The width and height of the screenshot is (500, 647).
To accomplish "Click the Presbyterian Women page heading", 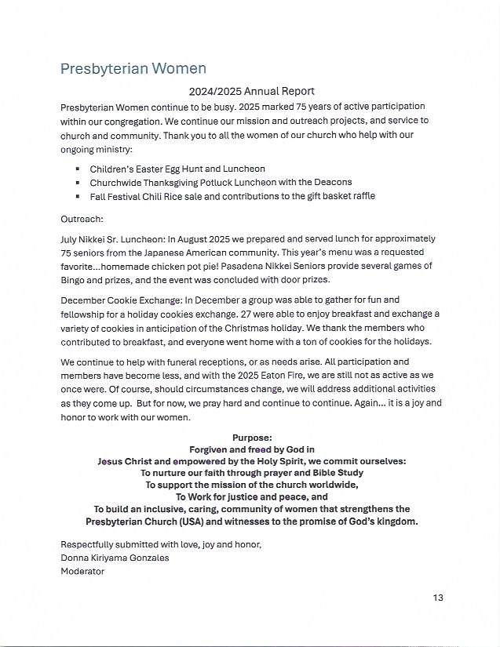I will click(x=133, y=69).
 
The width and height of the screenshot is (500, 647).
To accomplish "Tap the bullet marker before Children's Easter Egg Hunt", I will click(x=78, y=169).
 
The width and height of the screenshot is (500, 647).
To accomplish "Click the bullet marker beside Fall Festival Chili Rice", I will click(x=78, y=195).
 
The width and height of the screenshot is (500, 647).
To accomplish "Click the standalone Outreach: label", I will click(x=82, y=220).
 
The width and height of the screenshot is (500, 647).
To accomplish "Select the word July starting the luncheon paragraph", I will click(x=70, y=238).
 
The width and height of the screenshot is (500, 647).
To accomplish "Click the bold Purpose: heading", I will click(x=252, y=438).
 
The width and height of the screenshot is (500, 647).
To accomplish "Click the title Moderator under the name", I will click(x=82, y=571).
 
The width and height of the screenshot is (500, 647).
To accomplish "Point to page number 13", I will click(x=438, y=598).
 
